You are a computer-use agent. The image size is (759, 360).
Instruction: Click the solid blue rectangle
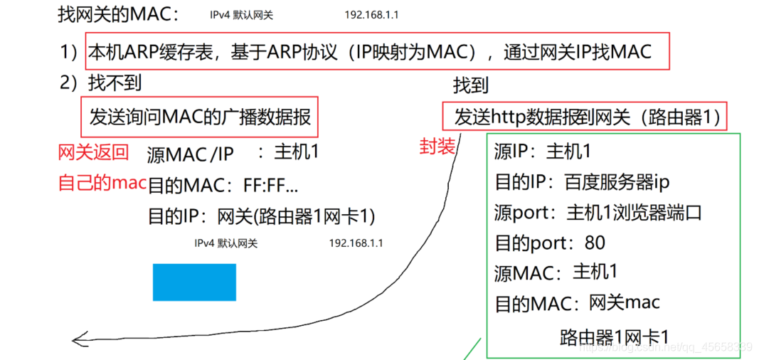click(x=193, y=282)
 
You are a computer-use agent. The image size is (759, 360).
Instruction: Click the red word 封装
click(x=437, y=147)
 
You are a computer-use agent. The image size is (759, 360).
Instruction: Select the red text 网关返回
click(x=93, y=152)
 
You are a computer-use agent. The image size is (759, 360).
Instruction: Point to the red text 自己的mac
click(x=102, y=183)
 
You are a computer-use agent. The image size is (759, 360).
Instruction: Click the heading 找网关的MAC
click(x=119, y=14)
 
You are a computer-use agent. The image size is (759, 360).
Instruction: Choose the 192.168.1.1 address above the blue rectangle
click(x=356, y=243)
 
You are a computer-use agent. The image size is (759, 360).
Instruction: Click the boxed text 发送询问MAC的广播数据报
click(x=200, y=117)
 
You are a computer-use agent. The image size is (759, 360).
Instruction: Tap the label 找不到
click(x=114, y=83)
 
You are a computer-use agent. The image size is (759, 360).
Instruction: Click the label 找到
click(x=471, y=86)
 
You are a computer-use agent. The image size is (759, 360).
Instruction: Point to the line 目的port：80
click(x=550, y=243)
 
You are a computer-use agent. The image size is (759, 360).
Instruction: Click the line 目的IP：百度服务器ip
click(x=582, y=182)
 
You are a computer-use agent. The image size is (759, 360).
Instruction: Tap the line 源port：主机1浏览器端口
click(x=598, y=213)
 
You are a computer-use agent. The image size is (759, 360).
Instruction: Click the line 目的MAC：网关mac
click(x=577, y=304)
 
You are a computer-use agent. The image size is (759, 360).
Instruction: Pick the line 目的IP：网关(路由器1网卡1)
click(x=260, y=216)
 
